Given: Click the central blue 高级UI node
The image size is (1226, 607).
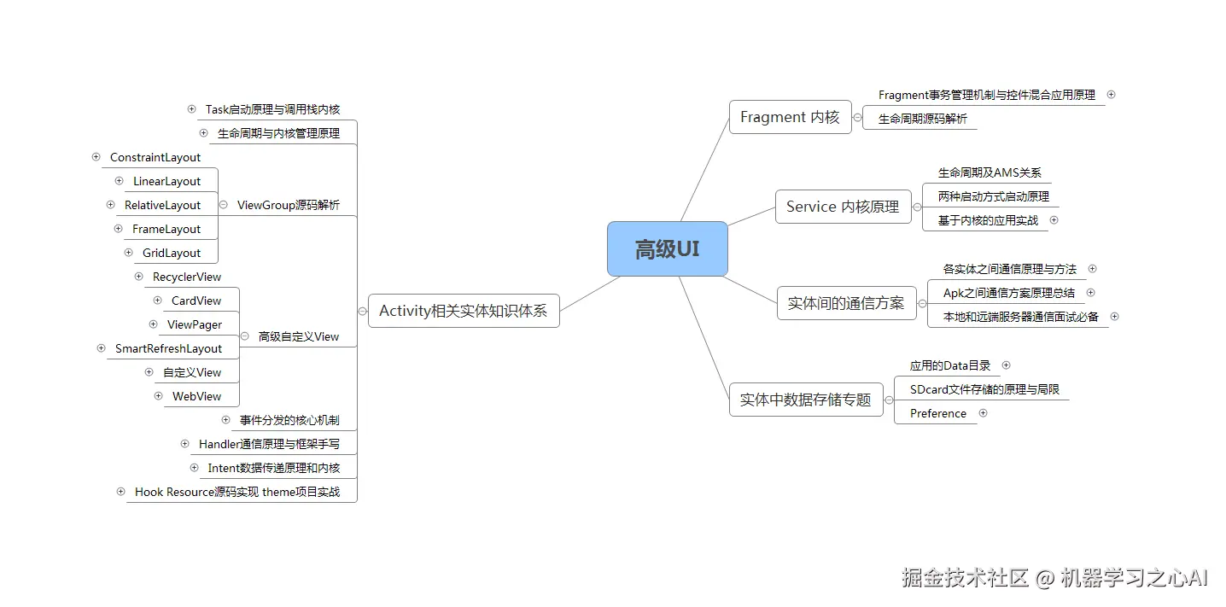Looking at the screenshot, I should (667, 249).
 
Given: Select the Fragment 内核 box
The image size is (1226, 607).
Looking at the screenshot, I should (790, 117).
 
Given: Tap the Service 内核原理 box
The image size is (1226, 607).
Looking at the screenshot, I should (843, 207).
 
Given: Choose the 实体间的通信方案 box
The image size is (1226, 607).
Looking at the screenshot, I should (845, 303).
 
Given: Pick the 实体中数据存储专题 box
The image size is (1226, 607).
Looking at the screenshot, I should (805, 400).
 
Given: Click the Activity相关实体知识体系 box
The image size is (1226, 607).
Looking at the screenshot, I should (463, 311).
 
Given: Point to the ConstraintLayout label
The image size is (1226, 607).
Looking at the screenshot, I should (155, 157).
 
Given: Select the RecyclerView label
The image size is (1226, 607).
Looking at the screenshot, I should (187, 277).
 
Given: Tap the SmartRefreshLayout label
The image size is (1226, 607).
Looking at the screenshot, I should (168, 348).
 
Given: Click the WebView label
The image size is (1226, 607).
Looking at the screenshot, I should (196, 396).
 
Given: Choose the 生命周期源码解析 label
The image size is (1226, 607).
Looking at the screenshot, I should (923, 120).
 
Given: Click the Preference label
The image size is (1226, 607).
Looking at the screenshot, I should (938, 413).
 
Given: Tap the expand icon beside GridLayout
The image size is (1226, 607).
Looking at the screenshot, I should (129, 252).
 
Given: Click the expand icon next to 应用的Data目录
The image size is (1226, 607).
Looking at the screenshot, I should (1006, 365).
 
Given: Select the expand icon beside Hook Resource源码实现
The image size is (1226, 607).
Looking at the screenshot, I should (121, 491).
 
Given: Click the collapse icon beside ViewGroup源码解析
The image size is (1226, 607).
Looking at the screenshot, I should (224, 205).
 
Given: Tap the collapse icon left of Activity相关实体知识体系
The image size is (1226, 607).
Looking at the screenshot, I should (362, 311).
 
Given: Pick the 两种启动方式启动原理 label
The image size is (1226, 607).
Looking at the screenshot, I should (993, 196).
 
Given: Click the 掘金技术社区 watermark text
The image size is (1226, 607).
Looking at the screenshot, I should (966, 578).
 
